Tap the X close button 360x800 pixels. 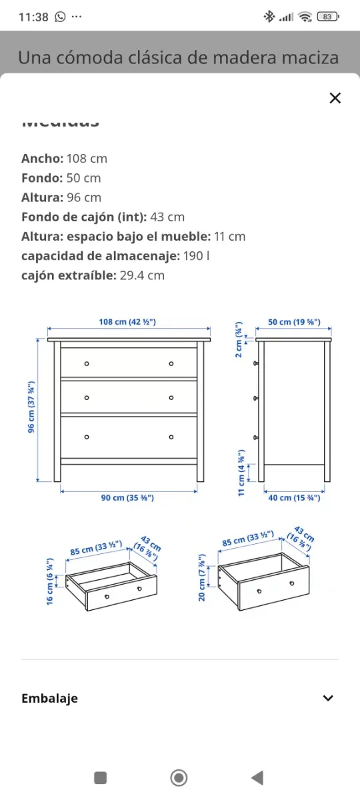[335, 99]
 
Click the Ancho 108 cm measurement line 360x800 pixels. [64, 159]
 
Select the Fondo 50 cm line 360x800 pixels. [61, 178]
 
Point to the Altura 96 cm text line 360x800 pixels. [61, 197]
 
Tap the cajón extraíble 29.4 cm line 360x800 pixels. [93, 275]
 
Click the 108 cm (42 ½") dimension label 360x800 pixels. [127, 323]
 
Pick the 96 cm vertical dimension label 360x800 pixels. [31, 407]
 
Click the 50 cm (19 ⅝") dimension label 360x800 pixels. [294, 323]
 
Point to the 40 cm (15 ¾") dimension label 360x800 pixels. [294, 498]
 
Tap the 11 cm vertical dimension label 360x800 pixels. [241, 472]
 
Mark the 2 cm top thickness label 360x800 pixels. [239, 340]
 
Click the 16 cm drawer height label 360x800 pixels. [49, 581]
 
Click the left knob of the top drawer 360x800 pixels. [87, 363]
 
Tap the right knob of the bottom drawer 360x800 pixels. [171, 437]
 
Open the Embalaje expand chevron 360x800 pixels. [327, 698]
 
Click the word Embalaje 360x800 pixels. [49, 698]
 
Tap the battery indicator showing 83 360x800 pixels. [327, 17]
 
